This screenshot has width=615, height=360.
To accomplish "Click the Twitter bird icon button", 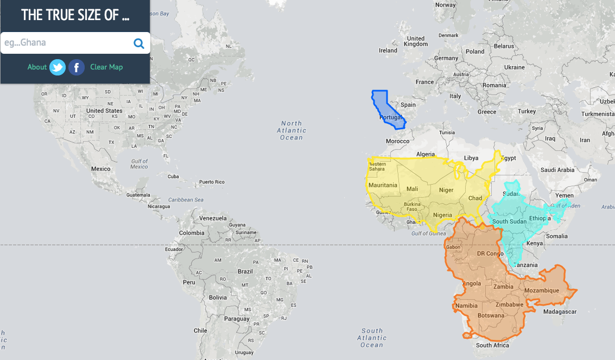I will [x=58, y=67].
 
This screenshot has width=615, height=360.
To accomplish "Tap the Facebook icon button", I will [x=77, y=67].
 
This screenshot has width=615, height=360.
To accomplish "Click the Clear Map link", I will [x=106, y=67].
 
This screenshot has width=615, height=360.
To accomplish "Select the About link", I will [x=37, y=67].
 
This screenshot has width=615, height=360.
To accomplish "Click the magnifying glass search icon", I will [x=139, y=43].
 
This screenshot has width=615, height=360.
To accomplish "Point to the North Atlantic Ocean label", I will [x=291, y=130].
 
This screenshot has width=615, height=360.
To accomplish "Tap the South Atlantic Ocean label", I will [x=372, y=338].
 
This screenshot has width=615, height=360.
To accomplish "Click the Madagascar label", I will [x=559, y=312].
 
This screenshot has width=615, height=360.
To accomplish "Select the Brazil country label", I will [x=245, y=271].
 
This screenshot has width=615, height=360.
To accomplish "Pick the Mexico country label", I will [x=100, y=169].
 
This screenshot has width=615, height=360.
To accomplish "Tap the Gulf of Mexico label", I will [x=139, y=164].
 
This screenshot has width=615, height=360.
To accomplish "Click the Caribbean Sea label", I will [x=186, y=200].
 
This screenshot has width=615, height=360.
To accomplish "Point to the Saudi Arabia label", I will [x=558, y=170].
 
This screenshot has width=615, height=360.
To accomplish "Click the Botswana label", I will [x=491, y=315].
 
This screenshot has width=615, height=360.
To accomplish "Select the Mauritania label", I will [x=383, y=185].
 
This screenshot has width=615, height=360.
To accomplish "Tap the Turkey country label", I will [x=527, y=111].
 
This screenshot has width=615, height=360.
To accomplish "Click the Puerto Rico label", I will [x=212, y=182].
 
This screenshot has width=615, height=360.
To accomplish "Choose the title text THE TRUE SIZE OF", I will [x=75, y=15].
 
